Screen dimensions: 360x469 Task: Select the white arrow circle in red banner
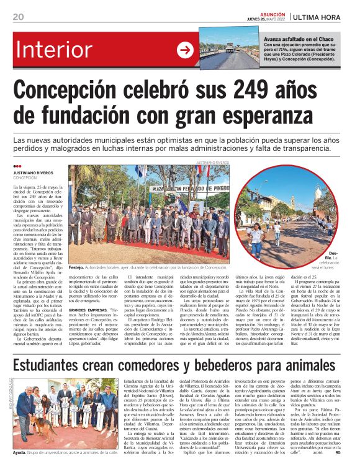(x=185, y=50)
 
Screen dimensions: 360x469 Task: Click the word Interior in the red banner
(x=55, y=50)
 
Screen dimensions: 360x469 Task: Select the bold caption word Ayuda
(x=21, y=453)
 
